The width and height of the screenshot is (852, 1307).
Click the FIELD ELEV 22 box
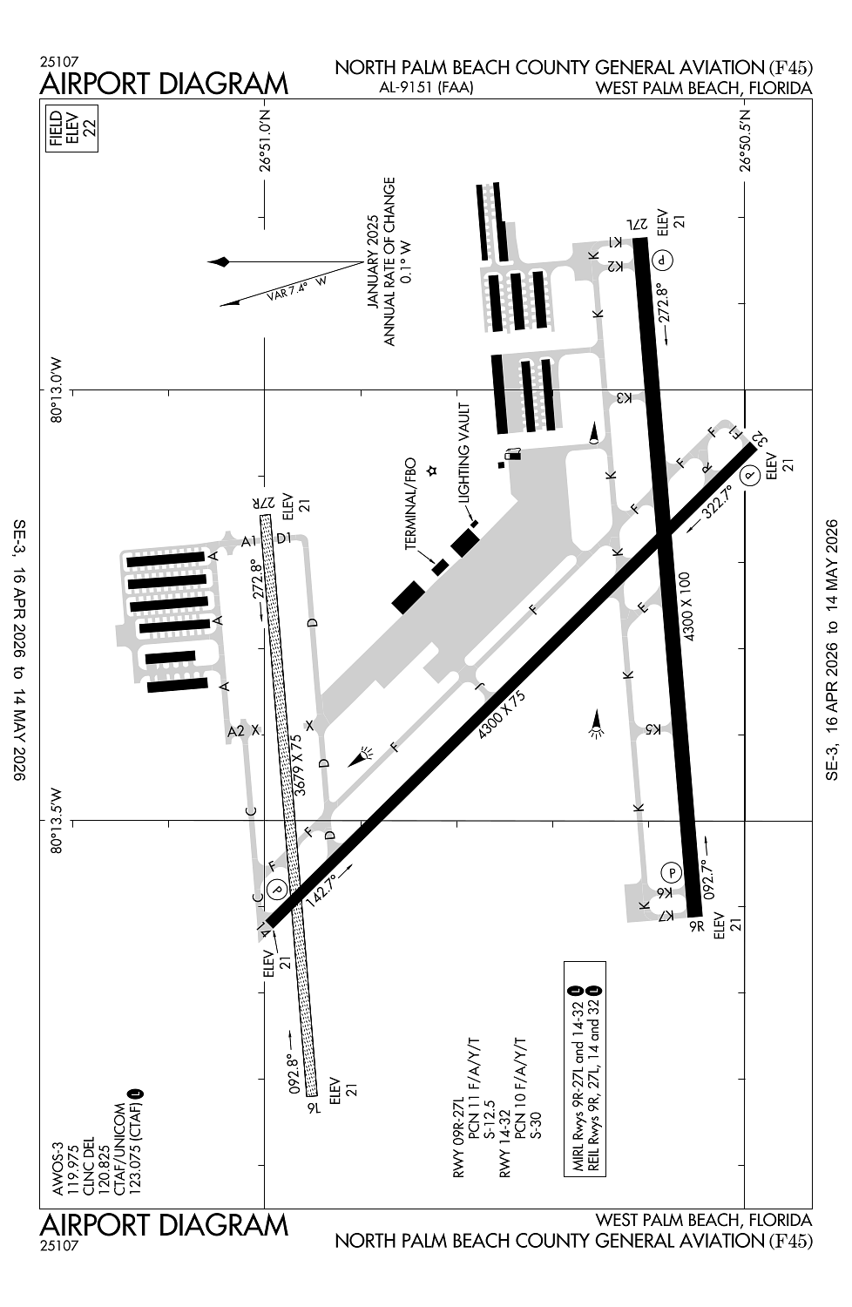pyautogui.click(x=72, y=128)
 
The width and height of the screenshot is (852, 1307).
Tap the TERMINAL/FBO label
pyautogui.click(x=411, y=505)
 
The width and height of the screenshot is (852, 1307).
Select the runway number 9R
pyautogui.click(x=695, y=927)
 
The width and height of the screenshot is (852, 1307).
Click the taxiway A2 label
pyautogui.click(x=235, y=731)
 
